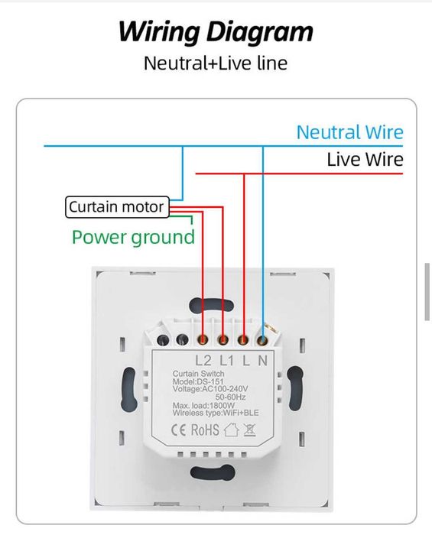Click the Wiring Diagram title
click(x=216, y=32)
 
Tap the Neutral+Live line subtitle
click(x=216, y=63)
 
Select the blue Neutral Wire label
click(x=349, y=132)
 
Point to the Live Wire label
click(x=365, y=160)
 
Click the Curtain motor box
click(x=116, y=206)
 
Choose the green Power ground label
click(x=134, y=237)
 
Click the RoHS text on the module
click(x=205, y=430)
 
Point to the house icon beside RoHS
click(x=232, y=430)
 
